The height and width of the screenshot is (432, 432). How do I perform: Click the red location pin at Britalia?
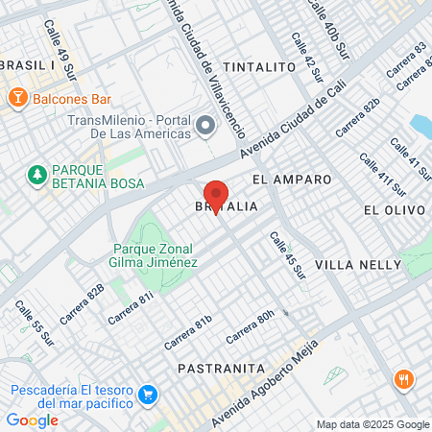click(216, 196)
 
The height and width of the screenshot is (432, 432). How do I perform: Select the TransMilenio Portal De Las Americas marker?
click(205, 126)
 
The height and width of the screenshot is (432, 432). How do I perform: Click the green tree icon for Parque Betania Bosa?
click(37, 175)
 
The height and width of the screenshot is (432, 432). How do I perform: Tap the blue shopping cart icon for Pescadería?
click(147, 395)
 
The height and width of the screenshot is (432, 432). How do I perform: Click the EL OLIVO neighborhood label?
click(394, 209)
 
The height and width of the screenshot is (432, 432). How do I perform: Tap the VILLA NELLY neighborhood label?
click(355, 264)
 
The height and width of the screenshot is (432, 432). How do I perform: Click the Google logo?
click(32, 420)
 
